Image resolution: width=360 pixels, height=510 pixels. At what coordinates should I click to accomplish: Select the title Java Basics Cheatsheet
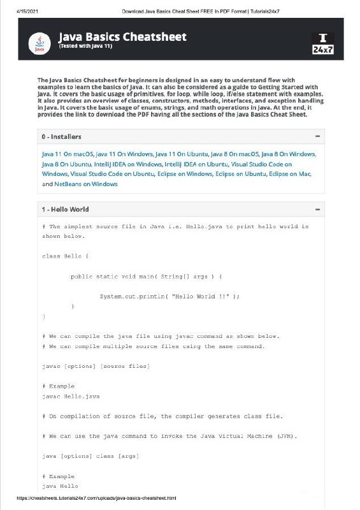pos(123,37)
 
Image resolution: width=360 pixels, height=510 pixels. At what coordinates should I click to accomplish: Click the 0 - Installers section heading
pos(62,136)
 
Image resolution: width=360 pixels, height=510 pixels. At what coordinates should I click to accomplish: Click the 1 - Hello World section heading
pos(66,209)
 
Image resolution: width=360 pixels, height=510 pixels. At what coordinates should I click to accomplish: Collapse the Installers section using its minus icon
pos(317,136)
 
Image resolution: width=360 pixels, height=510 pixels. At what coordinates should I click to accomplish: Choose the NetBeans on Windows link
pos(86,184)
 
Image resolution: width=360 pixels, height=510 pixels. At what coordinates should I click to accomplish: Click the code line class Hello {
pos(66,256)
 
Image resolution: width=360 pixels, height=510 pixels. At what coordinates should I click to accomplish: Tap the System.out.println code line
pos(169,296)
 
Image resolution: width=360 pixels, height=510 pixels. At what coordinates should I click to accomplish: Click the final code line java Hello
pos(60,486)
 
